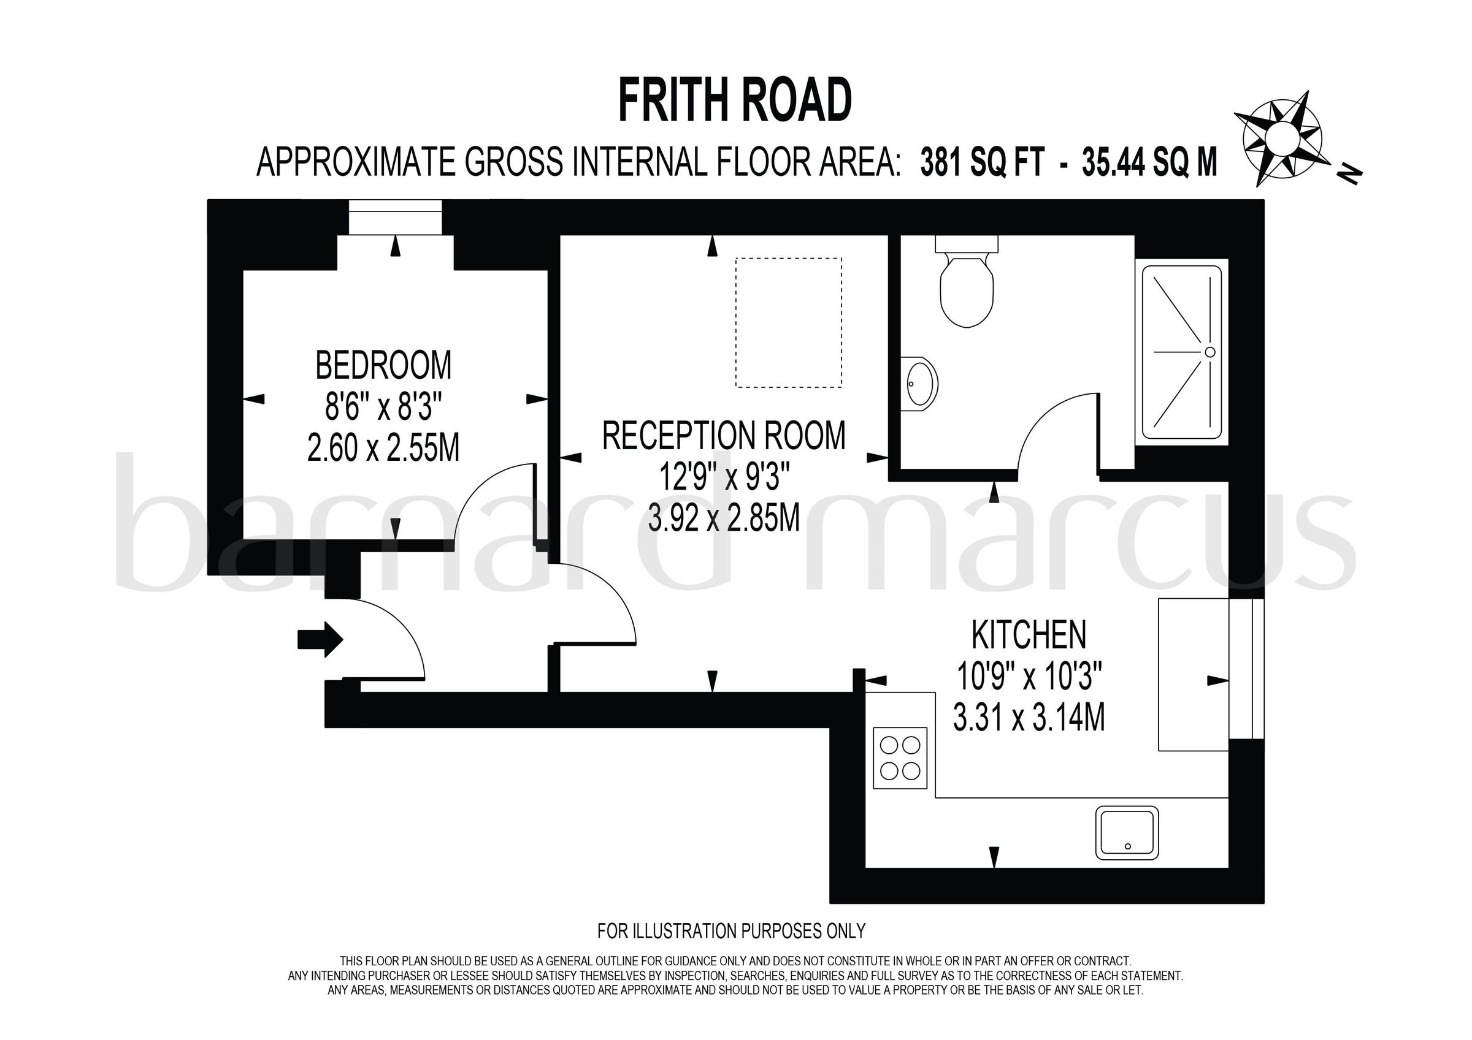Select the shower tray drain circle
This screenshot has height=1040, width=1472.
point(1209,352)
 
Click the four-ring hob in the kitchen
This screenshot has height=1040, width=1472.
point(900,758)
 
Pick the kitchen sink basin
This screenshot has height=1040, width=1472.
point(1127,832)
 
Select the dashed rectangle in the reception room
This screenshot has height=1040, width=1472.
point(789,322)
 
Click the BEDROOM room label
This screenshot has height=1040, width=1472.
point(383,366)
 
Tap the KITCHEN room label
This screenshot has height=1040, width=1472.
point(1029,635)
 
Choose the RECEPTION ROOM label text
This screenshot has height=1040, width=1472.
point(724,436)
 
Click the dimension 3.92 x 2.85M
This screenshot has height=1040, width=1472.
point(724,518)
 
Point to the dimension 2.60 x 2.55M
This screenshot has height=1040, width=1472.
point(383,448)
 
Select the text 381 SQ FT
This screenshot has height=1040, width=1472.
point(983,162)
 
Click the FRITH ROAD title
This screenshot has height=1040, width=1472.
point(735,101)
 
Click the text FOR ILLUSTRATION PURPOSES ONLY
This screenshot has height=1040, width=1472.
point(731,930)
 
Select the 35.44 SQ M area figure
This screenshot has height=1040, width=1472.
point(1149,162)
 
